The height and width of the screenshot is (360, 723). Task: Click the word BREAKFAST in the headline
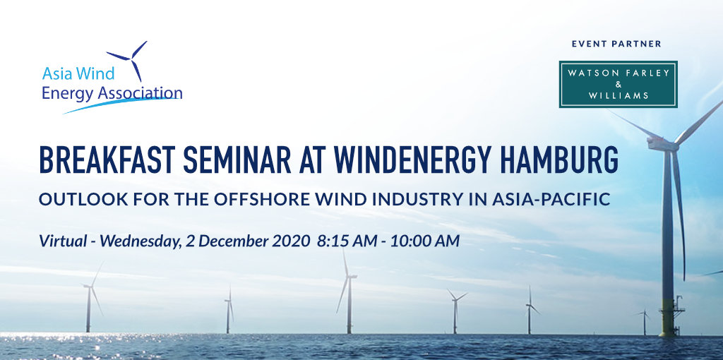[x=106, y=160]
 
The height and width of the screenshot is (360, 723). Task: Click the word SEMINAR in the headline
[x=237, y=160]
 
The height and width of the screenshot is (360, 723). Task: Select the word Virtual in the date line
[x=63, y=241]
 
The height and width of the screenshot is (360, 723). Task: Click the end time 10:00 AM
[x=425, y=241]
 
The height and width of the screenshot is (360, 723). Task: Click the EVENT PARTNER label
[x=616, y=44]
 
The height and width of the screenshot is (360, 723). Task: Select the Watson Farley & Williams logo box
[x=618, y=85]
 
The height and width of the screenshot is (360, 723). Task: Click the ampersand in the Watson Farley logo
[x=619, y=85]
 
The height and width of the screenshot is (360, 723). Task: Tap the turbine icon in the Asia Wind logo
[x=131, y=59]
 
